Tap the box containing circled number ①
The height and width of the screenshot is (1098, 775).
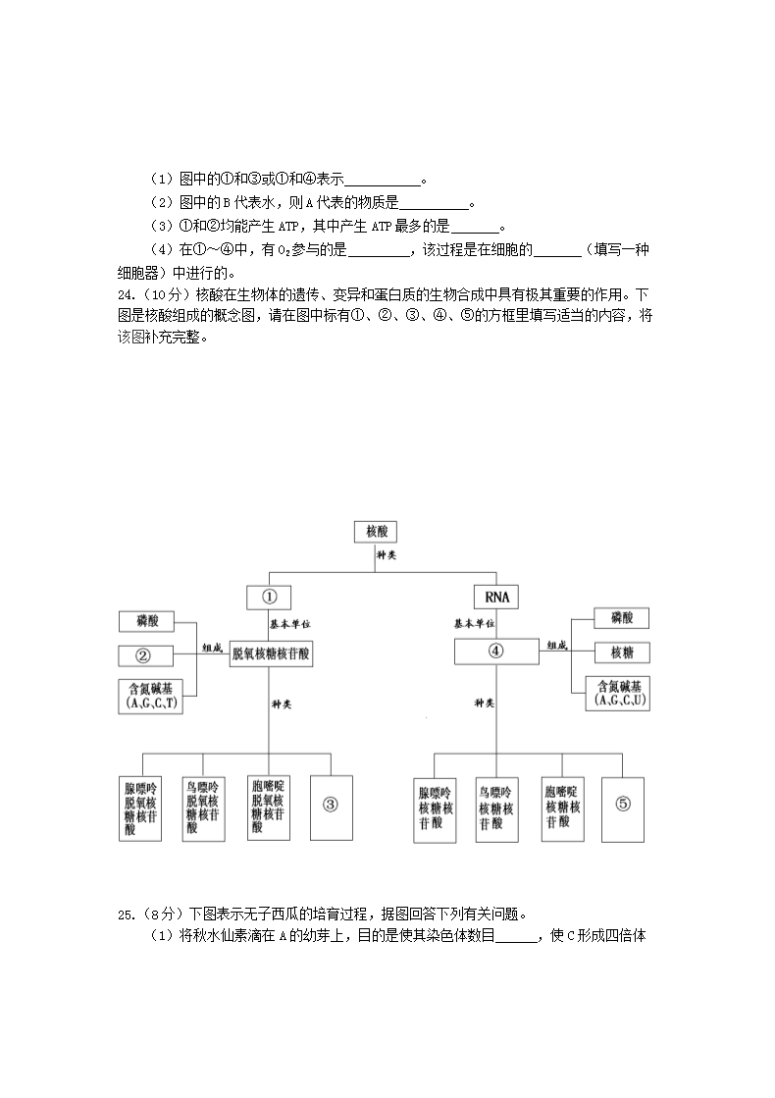click(x=270, y=597)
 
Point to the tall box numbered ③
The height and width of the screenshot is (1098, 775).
click(x=331, y=804)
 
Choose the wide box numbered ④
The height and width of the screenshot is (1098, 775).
click(x=495, y=651)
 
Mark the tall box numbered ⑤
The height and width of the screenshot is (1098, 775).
click(x=624, y=805)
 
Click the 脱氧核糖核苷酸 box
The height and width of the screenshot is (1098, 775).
click(x=272, y=656)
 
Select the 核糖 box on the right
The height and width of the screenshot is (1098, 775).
click(x=622, y=653)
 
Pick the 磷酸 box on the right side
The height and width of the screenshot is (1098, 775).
click(x=622, y=617)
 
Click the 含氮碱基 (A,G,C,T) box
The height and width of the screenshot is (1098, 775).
click(x=151, y=695)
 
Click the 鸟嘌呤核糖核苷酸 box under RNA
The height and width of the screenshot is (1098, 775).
click(x=497, y=807)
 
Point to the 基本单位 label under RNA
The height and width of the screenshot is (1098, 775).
click(x=473, y=623)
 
